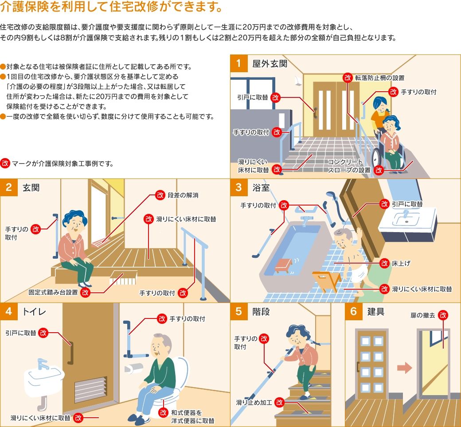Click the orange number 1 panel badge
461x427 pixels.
tap(239, 63)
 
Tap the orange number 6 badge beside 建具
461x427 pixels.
tap(353, 311)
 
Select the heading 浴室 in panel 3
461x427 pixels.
tap(260, 187)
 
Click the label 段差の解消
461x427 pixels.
tap(183, 195)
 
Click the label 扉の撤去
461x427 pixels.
tap(423, 315)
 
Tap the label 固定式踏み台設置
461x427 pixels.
tap(53, 292)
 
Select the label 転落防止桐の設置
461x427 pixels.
tap(380, 78)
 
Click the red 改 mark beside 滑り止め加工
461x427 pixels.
tap(279, 403)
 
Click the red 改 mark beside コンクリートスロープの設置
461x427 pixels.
tap(379, 170)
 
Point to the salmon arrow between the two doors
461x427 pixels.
tap(402, 368)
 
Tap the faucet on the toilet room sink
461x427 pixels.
tap(43, 364)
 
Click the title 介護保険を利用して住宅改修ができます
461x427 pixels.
tap(105, 8)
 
